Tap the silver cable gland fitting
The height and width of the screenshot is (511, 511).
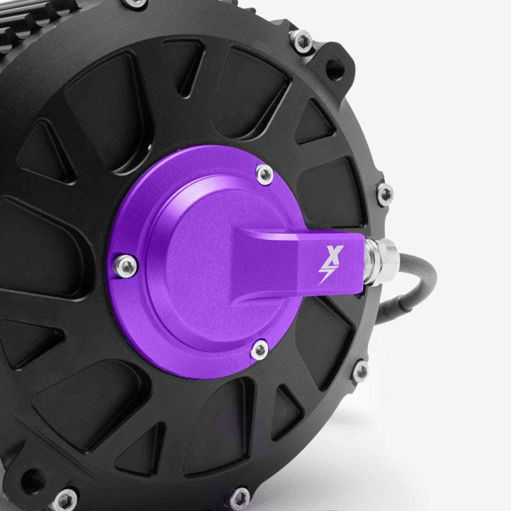pos(381,261)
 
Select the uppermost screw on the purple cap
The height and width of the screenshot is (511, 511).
pos(264,174)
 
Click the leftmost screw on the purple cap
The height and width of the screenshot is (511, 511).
pos(125,264)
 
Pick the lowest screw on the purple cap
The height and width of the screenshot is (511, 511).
pos(260,350)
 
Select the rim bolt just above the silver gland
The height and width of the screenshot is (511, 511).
pos(385,193)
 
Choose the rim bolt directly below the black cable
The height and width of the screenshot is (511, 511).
pos(361,371)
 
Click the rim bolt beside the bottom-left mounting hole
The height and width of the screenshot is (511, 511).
pos(65,497)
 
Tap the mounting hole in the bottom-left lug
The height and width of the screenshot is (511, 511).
pos(33,480)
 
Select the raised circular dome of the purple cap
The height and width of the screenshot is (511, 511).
pos(204,255)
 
